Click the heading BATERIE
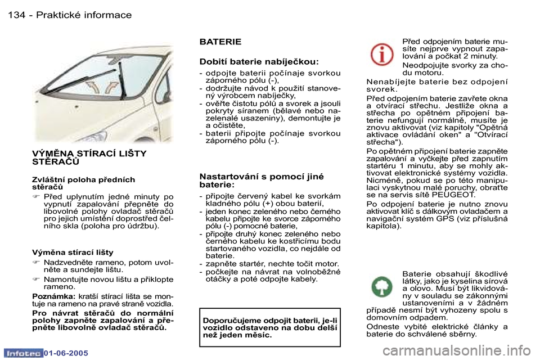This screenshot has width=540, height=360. click(x=220, y=42)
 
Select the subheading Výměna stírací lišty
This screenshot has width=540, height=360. click(x=73, y=252)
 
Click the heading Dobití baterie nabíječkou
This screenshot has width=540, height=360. click(x=259, y=61)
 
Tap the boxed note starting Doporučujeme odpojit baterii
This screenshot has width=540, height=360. click(x=269, y=327)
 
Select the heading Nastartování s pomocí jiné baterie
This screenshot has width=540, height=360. click(x=261, y=180)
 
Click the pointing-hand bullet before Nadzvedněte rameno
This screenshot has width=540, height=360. click(x=36, y=263)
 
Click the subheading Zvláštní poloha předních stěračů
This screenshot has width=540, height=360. click(x=83, y=183)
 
